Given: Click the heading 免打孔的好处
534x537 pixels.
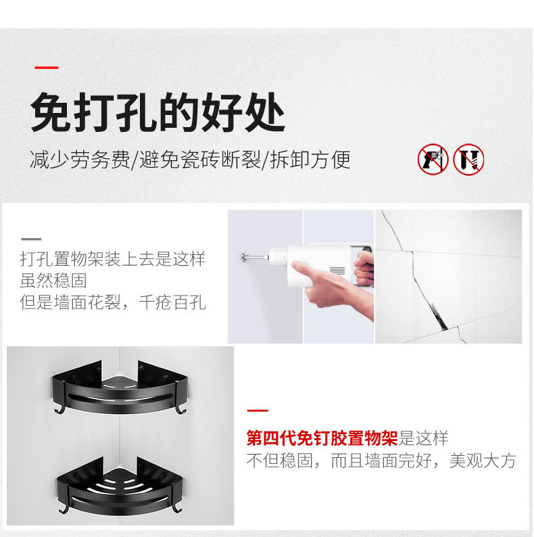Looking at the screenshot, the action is coord(157,112).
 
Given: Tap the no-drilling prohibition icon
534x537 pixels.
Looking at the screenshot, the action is coord(433,159).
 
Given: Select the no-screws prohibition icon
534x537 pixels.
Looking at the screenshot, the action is coord(468,159).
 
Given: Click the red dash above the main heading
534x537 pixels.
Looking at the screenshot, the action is coord(47,68).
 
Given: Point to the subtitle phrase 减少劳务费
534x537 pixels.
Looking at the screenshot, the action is coord(80,160).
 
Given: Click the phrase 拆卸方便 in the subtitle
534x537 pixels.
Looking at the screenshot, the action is coord(310,160).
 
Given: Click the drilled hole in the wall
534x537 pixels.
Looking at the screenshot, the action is coord(243,256).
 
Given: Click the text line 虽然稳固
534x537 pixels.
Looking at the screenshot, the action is coord(53,281).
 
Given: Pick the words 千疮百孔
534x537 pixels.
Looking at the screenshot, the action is coord(172,303).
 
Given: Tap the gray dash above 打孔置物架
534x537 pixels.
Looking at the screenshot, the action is coord(31,239).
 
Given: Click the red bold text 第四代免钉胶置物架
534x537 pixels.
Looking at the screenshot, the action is coord(322,438).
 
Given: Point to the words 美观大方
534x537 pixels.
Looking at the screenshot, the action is coord(483,461).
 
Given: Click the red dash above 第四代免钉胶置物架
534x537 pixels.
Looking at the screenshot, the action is coord(258,411).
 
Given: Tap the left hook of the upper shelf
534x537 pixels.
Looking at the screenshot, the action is coord(58,408).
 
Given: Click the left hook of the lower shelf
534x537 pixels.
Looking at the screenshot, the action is coord(63,508).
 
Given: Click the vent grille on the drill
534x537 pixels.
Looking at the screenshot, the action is coord(337,271).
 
